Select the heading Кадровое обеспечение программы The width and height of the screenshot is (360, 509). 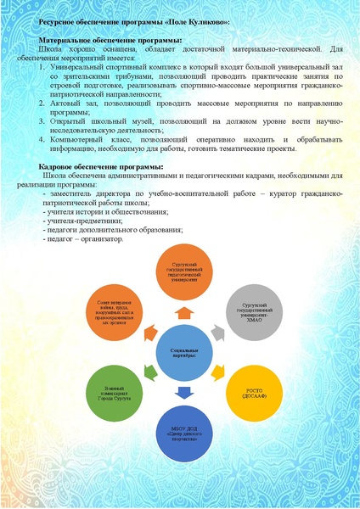click(96, 167)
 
